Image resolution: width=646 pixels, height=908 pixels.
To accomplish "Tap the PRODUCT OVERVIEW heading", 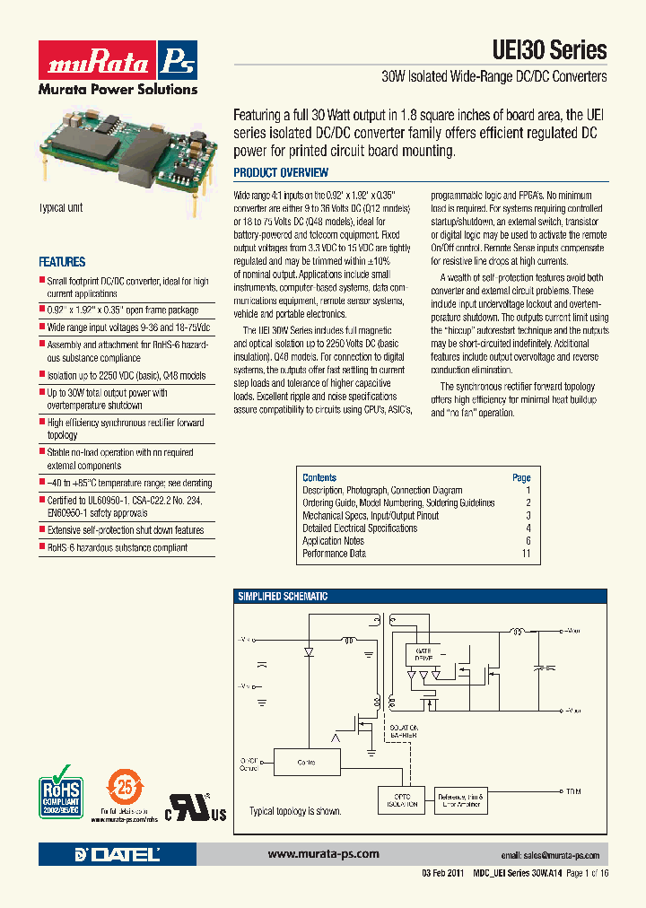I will click(x=281, y=172).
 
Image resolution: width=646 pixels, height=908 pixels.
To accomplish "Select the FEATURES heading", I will click(x=62, y=262).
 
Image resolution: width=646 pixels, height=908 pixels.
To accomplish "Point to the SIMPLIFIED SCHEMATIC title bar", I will click(x=283, y=597).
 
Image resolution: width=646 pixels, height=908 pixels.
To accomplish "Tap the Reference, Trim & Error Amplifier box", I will click(x=460, y=800).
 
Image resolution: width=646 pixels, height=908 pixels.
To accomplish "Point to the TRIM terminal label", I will click(x=572, y=792).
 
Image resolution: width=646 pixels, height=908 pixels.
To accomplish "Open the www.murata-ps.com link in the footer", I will click(x=323, y=854).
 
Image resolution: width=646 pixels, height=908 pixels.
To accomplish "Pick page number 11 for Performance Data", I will click(x=525, y=554).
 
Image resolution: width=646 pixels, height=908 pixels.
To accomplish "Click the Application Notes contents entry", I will click(x=333, y=541).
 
